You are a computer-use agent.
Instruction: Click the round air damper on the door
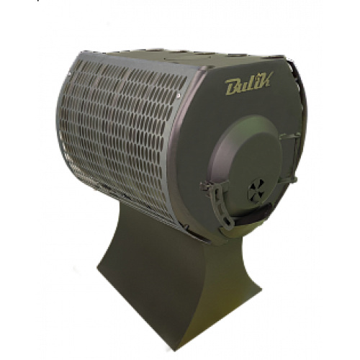[256, 189]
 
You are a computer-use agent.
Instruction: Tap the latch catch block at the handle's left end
[205, 186]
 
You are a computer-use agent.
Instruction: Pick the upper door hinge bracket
[290, 138]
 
